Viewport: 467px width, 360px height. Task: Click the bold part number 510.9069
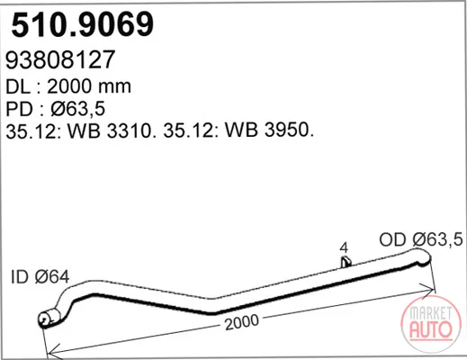(x=83, y=24)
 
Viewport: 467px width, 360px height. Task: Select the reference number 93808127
(x=60, y=59)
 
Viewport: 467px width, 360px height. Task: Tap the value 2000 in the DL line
(x=69, y=86)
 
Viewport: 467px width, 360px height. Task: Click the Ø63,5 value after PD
(x=78, y=109)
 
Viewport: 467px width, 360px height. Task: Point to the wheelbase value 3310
(x=129, y=130)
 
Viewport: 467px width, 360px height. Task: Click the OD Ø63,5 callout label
(x=421, y=239)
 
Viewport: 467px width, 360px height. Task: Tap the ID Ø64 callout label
(x=40, y=276)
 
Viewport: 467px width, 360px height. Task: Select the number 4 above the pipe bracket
(x=345, y=247)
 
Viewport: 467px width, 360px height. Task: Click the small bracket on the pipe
(x=346, y=262)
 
